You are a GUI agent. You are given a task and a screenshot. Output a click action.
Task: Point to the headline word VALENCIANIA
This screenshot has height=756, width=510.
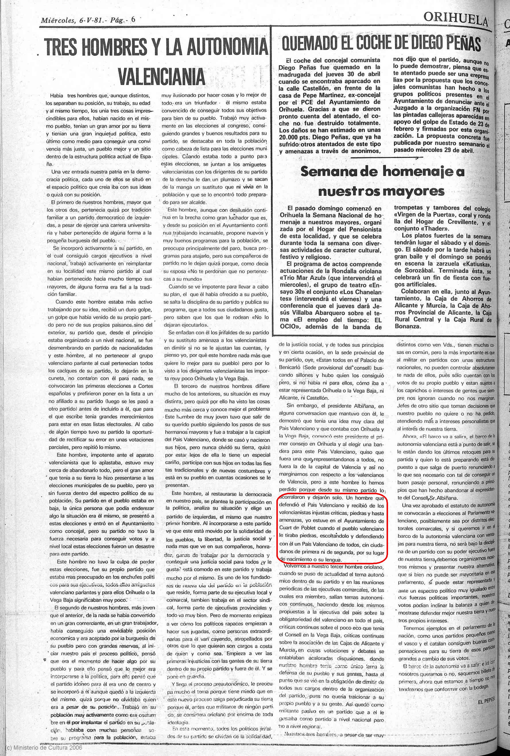[162, 77]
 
